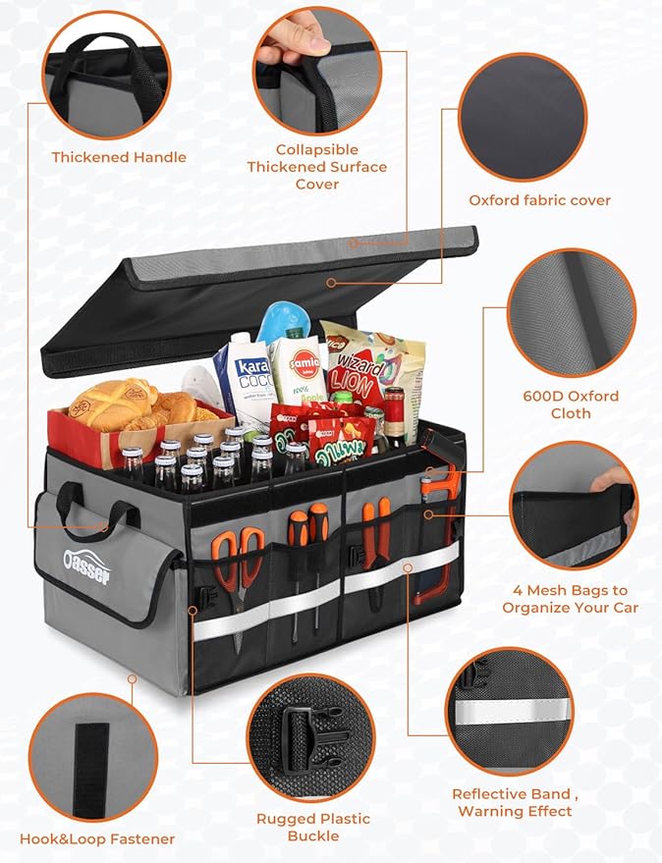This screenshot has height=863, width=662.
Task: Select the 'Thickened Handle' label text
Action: point(119,157)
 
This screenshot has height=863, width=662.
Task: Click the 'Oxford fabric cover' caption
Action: point(539,200)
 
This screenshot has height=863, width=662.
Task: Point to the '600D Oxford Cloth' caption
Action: point(571,405)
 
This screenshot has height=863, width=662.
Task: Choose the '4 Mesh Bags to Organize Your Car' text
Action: point(570,599)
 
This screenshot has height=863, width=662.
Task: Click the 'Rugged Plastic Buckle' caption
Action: point(312,827)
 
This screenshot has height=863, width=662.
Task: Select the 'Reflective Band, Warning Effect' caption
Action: point(512,802)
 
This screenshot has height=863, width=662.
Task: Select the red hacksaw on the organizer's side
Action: point(436,535)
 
